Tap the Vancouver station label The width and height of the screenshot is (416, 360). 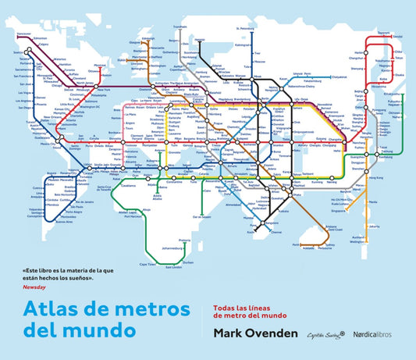[x=23, y=35]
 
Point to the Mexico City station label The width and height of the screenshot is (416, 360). [x=49, y=144]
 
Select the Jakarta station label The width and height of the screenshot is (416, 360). [x=351, y=225]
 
